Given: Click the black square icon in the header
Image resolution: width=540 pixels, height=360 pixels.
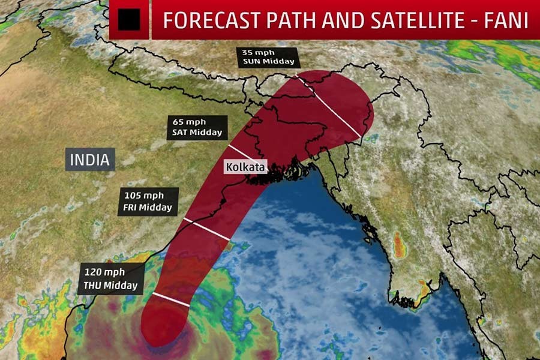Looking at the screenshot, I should coord(128,20).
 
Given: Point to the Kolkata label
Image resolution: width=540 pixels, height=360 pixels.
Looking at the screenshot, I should coord(245,167).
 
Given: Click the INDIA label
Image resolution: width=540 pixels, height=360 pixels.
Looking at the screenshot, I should coord(90,160).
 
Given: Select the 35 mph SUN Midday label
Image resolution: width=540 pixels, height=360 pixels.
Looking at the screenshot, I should coord(268,56).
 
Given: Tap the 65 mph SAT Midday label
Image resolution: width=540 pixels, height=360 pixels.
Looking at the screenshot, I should coord(197,127).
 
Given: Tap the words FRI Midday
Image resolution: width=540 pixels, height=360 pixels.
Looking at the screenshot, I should coord(148,208).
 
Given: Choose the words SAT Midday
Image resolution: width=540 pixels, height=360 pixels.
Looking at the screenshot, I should coord(197,133).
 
